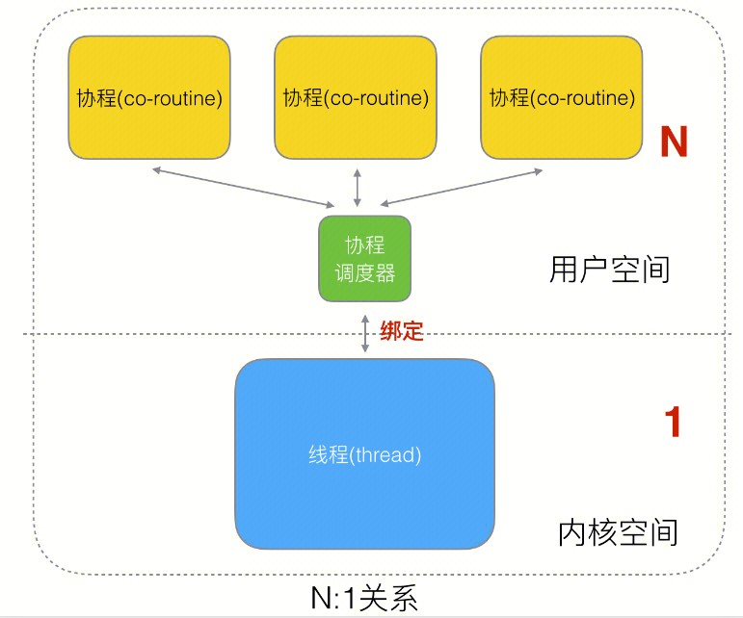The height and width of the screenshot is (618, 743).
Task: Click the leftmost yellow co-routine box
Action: (148, 97)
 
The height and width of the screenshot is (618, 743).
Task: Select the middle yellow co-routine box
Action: (356, 97)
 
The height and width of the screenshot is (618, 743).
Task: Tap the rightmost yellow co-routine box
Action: (562, 97)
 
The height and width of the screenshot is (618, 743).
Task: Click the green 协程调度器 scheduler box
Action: (365, 258)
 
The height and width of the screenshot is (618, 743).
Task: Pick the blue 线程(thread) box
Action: (365, 452)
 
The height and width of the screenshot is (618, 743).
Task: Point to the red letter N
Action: (673, 142)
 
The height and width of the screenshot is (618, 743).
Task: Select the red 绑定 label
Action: (402, 331)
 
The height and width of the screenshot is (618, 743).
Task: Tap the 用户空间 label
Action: (609, 269)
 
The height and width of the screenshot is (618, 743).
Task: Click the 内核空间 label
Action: (618, 532)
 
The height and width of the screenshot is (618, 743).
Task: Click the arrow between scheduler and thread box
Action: (365, 332)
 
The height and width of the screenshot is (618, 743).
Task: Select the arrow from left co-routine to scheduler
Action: (242, 187)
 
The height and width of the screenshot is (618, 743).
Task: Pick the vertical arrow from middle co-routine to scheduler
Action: (358, 187)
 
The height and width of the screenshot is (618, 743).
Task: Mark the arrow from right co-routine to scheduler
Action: (462, 187)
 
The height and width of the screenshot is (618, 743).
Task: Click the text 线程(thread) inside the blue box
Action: (365, 452)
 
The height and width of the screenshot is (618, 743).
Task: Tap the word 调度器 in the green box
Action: (365, 272)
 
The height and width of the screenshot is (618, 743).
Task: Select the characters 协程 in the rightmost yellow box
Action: (505, 98)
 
